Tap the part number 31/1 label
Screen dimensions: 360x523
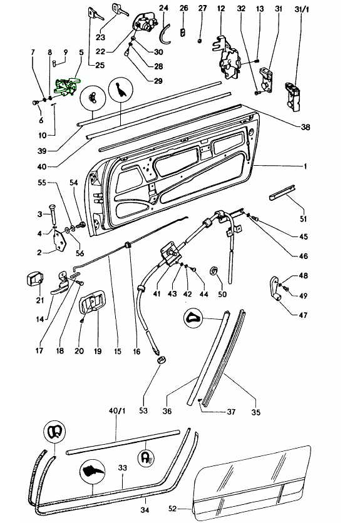[x=302, y=9]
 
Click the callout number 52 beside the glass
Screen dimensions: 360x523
[x=172, y=509]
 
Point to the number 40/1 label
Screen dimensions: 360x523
[x=117, y=410]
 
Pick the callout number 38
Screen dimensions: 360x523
[x=306, y=127]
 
